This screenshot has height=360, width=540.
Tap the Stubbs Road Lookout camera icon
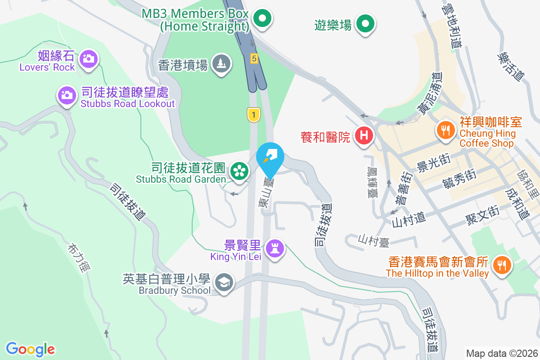(x=67, y=95)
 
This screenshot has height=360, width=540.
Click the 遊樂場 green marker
(x=366, y=23)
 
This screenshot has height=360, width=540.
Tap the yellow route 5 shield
(x=254, y=58)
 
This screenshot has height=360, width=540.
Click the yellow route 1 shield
(x=254, y=115)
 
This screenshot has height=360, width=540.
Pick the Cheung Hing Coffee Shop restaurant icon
(x=445, y=130)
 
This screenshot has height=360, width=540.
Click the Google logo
(x=30, y=349)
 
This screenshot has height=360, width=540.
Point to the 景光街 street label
(x=432, y=167)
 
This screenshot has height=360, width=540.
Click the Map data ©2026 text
(x=501, y=353)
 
